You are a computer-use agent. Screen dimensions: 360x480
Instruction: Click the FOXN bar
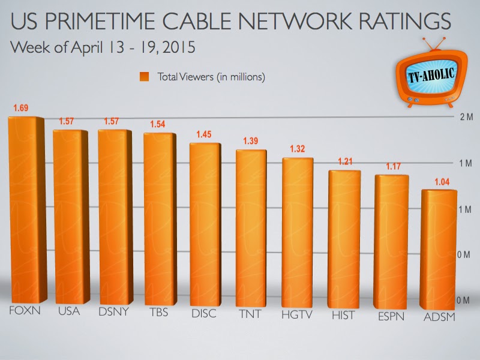[x=25, y=210]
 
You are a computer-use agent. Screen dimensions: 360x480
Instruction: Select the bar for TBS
[x=159, y=219]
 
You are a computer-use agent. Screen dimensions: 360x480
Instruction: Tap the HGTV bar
[x=297, y=231]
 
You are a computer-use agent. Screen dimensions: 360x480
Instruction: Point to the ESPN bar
[x=391, y=240]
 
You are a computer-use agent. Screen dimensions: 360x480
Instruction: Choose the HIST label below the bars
[x=343, y=314]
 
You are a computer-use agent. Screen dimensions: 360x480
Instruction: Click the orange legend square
[x=144, y=77]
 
